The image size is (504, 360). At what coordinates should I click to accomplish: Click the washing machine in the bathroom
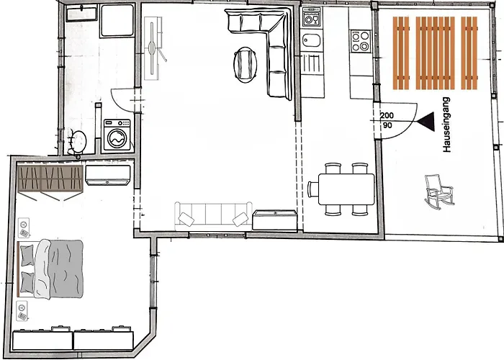click(117, 135)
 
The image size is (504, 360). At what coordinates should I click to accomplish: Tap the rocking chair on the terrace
click(439, 192)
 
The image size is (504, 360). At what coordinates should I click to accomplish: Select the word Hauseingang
click(446, 125)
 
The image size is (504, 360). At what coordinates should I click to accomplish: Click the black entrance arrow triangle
click(426, 122)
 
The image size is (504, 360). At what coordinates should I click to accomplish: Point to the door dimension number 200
click(387, 115)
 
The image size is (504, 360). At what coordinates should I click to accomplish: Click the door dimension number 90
click(387, 125)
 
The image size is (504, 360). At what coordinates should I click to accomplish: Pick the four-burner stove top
click(360, 41)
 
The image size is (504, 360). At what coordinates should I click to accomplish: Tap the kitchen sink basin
click(312, 40)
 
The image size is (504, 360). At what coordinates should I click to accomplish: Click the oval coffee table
click(246, 65)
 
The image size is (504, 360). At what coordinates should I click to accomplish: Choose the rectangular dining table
click(346, 189)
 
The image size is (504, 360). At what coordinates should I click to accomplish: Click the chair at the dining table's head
click(312, 189)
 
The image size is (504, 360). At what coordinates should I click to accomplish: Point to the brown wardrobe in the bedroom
click(50, 179)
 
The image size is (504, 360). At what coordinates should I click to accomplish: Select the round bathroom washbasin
click(78, 141)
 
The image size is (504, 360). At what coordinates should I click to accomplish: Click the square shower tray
click(117, 20)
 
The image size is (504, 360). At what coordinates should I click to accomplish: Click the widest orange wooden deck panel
click(435, 53)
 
